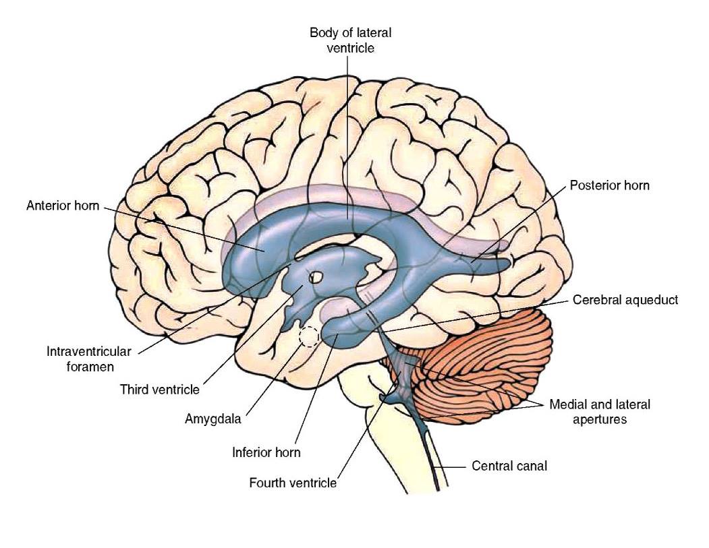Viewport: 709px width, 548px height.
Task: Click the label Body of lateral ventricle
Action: coord(350,40)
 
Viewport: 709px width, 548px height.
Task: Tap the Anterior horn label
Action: coord(62,206)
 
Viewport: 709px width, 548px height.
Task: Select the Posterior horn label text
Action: coord(609,185)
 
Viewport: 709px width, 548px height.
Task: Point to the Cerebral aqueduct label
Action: coord(625,300)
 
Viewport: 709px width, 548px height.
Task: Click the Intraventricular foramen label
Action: coord(89,359)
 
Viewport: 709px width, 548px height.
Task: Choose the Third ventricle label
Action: coord(160,390)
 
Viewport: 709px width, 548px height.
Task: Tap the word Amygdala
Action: coord(213,419)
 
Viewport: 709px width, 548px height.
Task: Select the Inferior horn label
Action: coord(266,452)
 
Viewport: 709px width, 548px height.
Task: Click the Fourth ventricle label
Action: coord(293,483)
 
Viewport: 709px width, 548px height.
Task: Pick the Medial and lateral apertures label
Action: coord(600,412)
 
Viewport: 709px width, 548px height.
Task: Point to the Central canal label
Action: coord(509,466)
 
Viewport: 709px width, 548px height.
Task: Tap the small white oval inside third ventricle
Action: coord(315,276)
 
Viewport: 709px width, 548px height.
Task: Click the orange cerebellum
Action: coord(488,361)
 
